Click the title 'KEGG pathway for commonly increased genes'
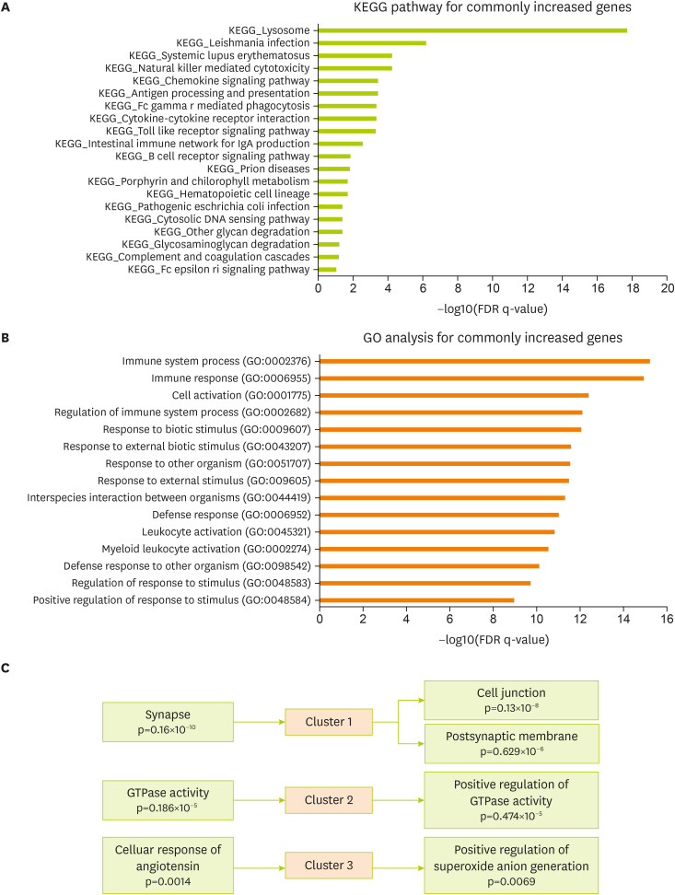click(x=489, y=9)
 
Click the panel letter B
click(x=6, y=338)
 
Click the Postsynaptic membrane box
click(x=510, y=743)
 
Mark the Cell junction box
click(x=510, y=700)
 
